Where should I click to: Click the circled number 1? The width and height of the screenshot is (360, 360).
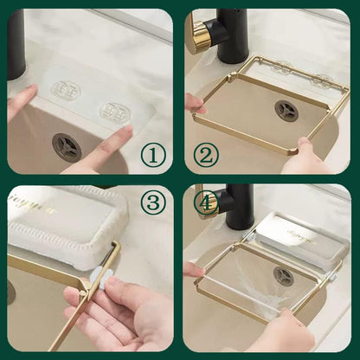[152, 156]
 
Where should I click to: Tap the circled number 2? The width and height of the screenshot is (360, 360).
[205, 156]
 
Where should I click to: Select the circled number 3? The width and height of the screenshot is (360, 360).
[152, 204]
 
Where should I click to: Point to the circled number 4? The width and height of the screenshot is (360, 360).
[206, 204]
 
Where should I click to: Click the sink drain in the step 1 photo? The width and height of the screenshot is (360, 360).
[66, 146]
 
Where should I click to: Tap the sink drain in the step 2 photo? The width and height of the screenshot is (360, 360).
[286, 110]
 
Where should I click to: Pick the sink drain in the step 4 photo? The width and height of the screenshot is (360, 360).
[283, 276]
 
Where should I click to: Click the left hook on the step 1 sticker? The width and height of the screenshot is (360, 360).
[64, 89]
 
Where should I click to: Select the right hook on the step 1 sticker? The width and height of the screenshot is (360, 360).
[114, 112]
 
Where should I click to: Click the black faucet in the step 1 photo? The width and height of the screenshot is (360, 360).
[16, 43]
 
